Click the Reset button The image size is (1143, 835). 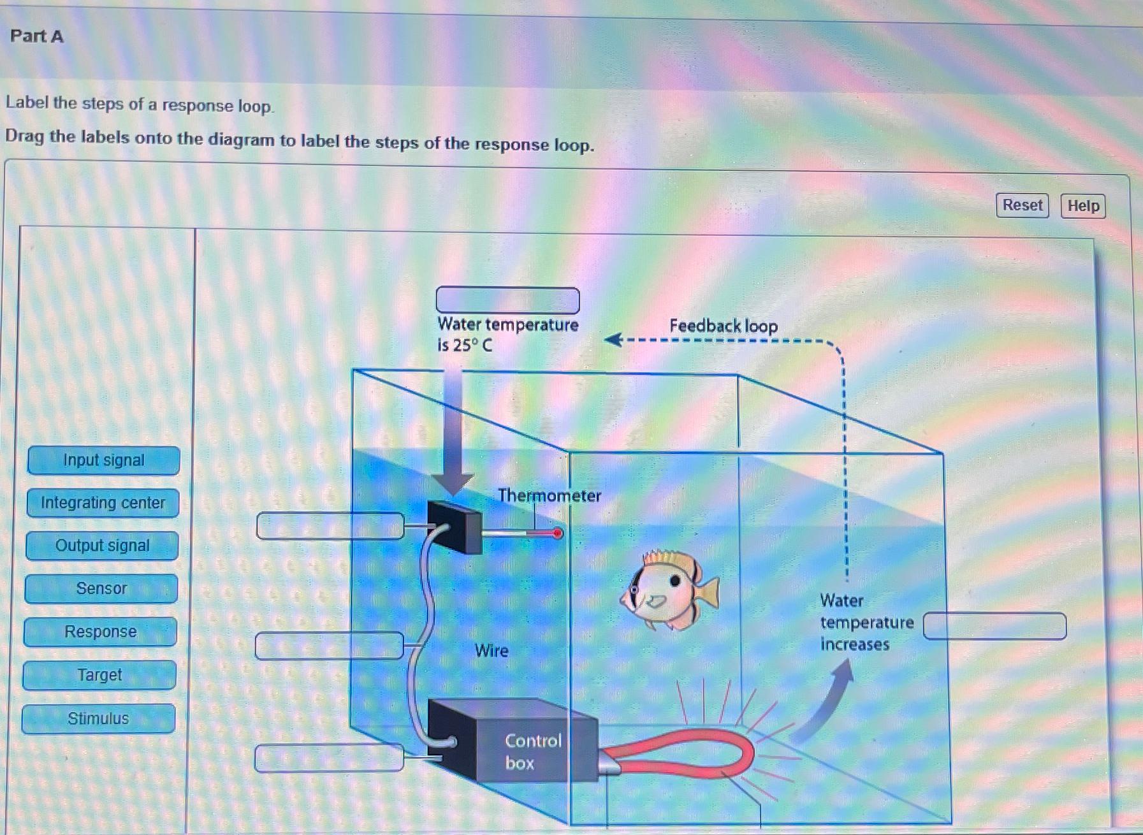tap(1022, 205)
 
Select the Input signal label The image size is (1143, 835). tap(103, 460)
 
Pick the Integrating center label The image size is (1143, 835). tap(103, 503)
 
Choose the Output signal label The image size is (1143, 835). tap(102, 546)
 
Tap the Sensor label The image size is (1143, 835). tap(101, 588)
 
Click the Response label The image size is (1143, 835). tap(100, 632)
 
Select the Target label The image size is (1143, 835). tap(99, 675)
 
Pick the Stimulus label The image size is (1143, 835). tap(98, 718)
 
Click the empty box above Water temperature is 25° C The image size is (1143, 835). tap(507, 300)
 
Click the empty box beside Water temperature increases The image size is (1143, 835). tap(994, 626)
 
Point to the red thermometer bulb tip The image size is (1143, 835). tap(558, 534)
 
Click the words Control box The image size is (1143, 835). tap(533, 751)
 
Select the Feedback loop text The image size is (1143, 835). tap(723, 326)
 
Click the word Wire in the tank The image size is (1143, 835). tap(491, 651)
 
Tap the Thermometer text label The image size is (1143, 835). tap(549, 495)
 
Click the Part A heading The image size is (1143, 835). tap(37, 36)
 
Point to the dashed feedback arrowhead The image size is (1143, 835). tap(612, 340)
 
